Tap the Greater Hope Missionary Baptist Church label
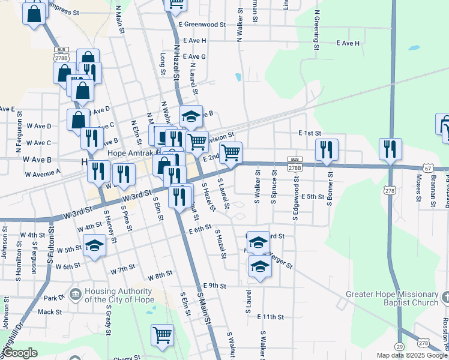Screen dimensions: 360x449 coord(393,298)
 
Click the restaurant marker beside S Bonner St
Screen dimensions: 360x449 coord(327,150)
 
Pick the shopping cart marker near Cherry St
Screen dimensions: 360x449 coord(162,335)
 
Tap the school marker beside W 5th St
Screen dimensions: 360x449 coord(94,245)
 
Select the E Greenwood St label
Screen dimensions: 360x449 coord(202,25)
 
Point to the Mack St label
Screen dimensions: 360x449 coord(50,312)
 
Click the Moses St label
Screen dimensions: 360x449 coord(418,190)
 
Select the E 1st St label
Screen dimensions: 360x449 coord(310,133)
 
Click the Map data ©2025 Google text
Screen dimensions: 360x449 coord(412,355)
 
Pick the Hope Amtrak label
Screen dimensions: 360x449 coord(128,152)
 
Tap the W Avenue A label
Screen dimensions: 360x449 coord(43,173)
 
